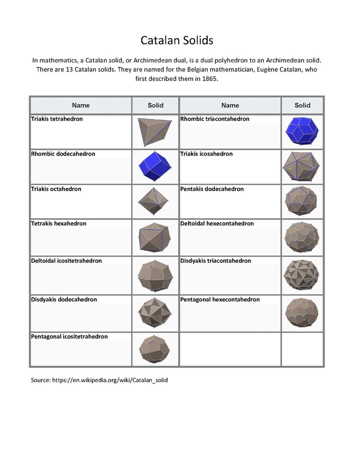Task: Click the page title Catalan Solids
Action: coord(177,41)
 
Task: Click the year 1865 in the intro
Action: coord(208,79)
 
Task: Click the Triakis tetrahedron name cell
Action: coord(57,119)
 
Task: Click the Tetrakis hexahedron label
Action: coord(59,224)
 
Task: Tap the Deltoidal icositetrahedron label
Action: coord(67,261)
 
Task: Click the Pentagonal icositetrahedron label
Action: coord(69,336)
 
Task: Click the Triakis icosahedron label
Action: coord(206,154)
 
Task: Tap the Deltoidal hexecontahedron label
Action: coord(217,224)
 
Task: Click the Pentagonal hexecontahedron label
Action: coord(220,300)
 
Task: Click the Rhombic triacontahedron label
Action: coord(215,119)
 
